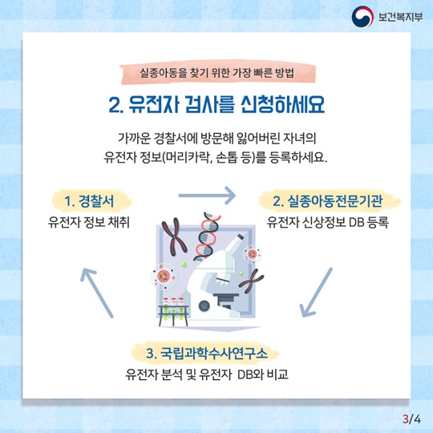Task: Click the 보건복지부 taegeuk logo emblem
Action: coord(362,17)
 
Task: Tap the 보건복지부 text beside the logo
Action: coord(400,17)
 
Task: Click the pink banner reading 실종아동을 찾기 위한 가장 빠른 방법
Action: coord(217,73)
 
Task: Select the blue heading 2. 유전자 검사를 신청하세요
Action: coord(216,105)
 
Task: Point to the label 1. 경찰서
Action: coord(89,200)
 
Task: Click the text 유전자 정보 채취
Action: coord(89,222)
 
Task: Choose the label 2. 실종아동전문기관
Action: coord(328,200)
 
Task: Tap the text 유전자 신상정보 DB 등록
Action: coord(327,222)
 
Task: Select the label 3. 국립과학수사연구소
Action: coord(207,353)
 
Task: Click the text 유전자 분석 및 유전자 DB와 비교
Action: coord(207,374)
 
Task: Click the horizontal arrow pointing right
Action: coord(207,196)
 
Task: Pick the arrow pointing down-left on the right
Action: coord(316,292)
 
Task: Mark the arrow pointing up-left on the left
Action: coord(97,293)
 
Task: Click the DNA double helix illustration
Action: coord(207,237)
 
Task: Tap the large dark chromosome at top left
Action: coord(174,236)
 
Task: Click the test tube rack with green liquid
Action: coord(174,312)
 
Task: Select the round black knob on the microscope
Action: coord(204,306)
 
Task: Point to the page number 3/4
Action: coord(411,419)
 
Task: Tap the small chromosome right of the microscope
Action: coord(251,281)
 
